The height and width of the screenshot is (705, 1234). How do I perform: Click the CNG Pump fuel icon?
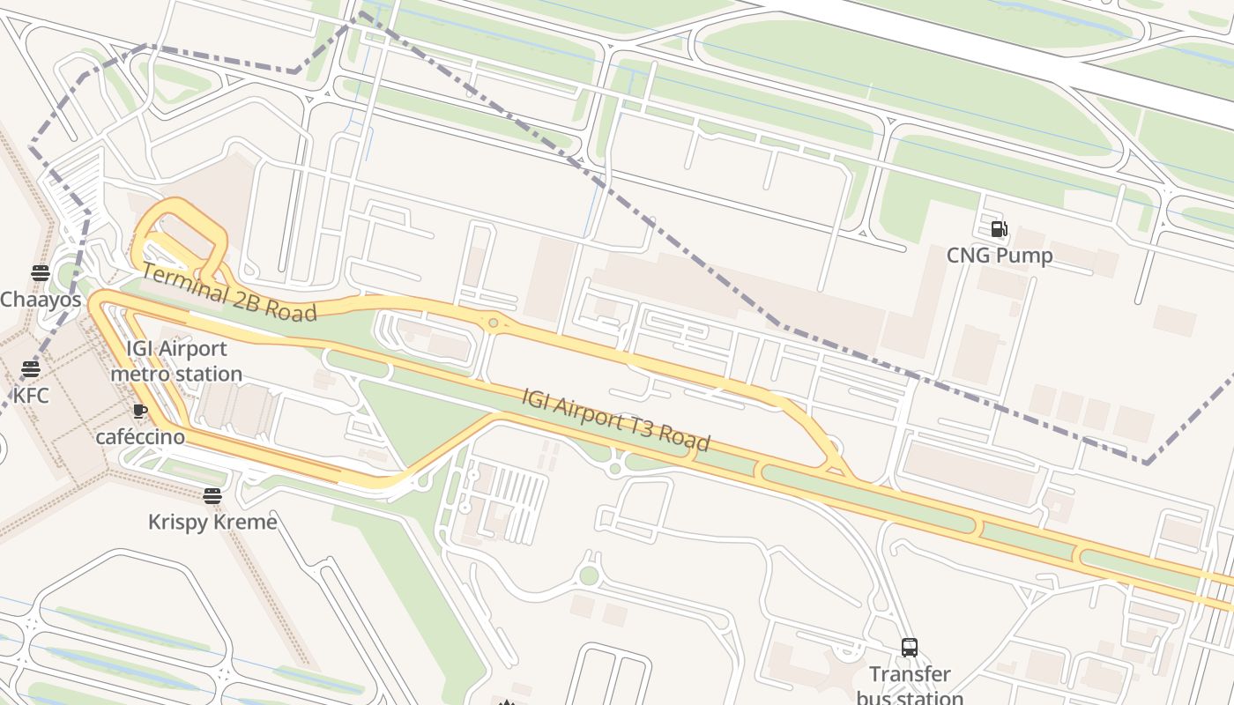[x=999, y=229]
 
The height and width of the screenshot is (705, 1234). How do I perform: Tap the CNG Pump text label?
[x=1000, y=256]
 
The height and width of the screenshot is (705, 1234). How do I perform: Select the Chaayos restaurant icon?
[x=40, y=273]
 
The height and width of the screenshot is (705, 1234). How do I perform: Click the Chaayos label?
[x=41, y=300]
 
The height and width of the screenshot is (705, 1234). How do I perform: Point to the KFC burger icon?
[x=31, y=369]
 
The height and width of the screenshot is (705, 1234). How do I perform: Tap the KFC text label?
[x=31, y=396]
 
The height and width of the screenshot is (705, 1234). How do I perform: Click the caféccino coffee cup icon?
[x=139, y=411]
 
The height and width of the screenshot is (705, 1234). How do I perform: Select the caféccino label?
[x=140, y=437]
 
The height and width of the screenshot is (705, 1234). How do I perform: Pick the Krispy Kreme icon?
[x=212, y=495]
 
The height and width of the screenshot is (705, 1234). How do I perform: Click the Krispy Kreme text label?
[x=212, y=522]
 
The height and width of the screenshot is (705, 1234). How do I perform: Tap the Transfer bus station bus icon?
[x=910, y=648]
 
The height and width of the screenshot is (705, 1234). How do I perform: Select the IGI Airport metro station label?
[x=176, y=361]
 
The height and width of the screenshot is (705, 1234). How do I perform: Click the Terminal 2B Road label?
[x=228, y=293]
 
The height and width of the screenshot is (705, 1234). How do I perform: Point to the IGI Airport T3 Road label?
[x=616, y=419]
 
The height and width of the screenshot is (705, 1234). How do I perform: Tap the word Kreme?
[x=244, y=522]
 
